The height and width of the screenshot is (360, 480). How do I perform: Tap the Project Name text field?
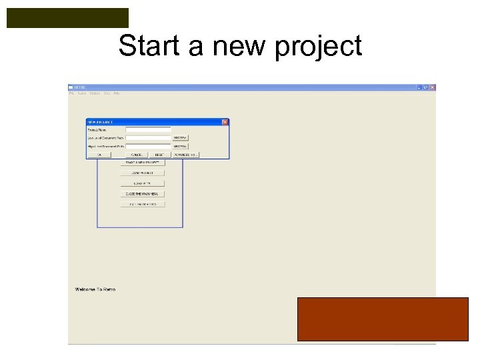(x=148, y=130)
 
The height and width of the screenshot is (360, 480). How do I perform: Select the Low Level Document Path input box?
(x=148, y=138)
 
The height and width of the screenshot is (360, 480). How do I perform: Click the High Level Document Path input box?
(x=148, y=146)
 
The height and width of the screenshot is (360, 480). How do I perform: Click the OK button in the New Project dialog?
(x=99, y=155)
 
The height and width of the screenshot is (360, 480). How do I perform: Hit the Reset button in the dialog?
(x=159, y=155)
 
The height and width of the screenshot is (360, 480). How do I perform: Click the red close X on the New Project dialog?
(x=225, y=122)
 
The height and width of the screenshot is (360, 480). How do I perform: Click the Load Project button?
(x=142, y=173)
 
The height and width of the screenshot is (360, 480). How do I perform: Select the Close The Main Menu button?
(x=142, y=194)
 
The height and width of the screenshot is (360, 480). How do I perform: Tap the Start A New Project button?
(x=142, y=163)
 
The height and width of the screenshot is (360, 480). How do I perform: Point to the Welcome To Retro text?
(x=95, y=289)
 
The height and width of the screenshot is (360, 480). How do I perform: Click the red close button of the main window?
(x=432, y=87)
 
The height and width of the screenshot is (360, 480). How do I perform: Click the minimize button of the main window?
(x=419, y=87)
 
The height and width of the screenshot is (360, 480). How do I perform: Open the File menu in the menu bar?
(x=72, y=93)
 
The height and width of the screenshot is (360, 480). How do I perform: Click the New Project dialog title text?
(x=101, y=122)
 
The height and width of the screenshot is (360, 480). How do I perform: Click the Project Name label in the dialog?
(x=97, y=130)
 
